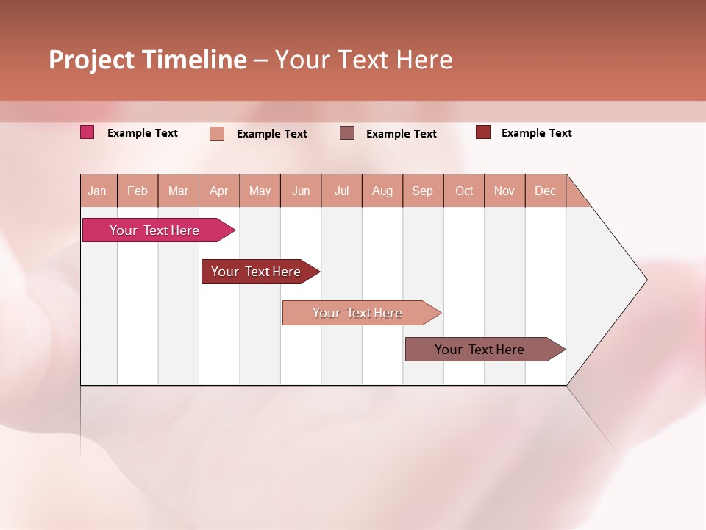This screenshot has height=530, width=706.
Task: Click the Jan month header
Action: point(98,191)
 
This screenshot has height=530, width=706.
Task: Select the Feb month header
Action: point(138,191)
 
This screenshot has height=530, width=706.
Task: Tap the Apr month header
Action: point(219,191)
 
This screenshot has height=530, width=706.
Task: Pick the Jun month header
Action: point(301,191)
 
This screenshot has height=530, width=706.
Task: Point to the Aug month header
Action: point(382,191)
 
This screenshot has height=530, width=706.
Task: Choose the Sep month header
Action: point(423,191)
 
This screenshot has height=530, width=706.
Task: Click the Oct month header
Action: point(464,191)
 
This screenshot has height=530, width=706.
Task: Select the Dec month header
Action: point(546,191)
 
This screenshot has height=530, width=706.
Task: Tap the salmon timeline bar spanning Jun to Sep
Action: point(358,313)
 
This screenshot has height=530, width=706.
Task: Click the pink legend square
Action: point(88,132)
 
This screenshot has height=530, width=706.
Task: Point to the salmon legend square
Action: point(217,133)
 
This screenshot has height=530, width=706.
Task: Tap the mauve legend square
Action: point(347,133)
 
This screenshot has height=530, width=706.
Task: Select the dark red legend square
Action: point(483,132)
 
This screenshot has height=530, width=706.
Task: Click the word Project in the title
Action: point(92,60)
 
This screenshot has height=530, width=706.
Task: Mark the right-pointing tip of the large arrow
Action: point(646,280)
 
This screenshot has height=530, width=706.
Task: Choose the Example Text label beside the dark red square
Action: point(537,133)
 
